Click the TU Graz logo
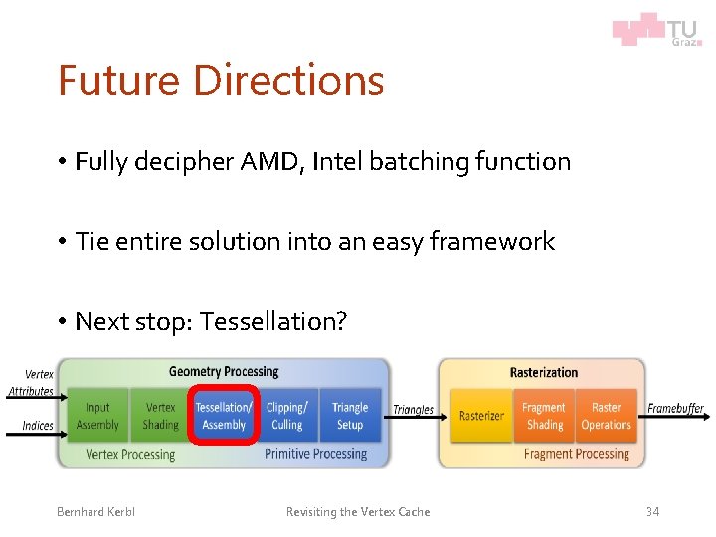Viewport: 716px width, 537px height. pos(656,29)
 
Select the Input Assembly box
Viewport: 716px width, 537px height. pos(97,416)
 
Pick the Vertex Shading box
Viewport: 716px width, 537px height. pos(160,416)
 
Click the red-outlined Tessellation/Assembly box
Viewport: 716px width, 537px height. pos(224,416)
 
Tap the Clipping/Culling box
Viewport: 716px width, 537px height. pos(287,416)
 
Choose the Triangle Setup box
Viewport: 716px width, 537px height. pos(350,416)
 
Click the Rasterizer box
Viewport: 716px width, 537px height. pos(481,416)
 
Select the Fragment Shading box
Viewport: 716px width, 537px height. pos(544,416)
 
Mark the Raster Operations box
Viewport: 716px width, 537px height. pos(607,416)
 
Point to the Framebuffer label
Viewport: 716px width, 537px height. pos(675,409)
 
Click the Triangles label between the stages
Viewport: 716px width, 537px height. pos(413,409)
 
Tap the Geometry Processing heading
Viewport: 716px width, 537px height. pos(224,372)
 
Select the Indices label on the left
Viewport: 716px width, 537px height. pos(38,426)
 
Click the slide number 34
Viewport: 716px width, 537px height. pos(652,511)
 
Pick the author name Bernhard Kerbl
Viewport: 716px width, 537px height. pos(95,511)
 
